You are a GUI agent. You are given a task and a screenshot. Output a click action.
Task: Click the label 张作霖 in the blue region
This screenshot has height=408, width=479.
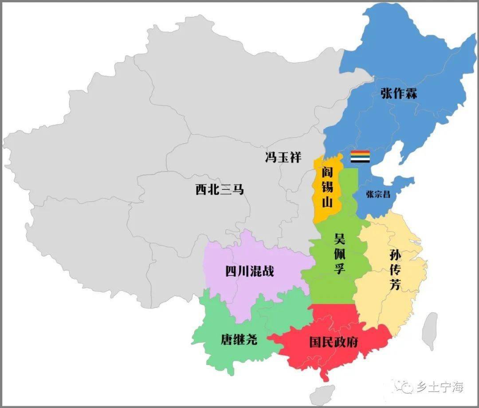(x=398, y=94)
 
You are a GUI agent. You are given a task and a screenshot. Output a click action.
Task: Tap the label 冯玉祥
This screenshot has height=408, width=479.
(x=283, y=157)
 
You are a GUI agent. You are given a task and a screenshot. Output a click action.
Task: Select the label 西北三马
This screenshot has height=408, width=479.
(x=220, y=189)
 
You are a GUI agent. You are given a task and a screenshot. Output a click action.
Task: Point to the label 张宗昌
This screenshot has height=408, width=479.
(x=378, y=194)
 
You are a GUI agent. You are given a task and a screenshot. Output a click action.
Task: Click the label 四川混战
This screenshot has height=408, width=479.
(x=250, y=271)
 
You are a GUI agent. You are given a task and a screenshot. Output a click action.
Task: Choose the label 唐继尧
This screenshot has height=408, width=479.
(x=239, y=340)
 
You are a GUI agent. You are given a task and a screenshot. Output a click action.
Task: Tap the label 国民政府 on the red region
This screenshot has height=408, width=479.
(x=334, y=342)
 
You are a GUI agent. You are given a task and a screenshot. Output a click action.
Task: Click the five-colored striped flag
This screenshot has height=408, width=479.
(x=360, y=157)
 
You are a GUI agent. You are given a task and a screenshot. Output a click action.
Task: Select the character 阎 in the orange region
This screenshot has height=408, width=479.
(x=327, y=172)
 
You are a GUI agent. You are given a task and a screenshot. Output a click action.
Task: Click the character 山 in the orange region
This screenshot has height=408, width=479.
(x=327, y=203)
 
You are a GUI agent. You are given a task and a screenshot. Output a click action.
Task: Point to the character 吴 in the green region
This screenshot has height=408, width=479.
(x=340, y=238)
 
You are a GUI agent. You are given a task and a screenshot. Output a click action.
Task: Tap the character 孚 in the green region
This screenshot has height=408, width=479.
(x=340, y=268)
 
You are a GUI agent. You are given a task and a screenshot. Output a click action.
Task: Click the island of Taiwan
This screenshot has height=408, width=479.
(x=429, y=331)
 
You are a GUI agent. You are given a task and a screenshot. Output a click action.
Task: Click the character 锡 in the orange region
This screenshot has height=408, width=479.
(x=327, y=187)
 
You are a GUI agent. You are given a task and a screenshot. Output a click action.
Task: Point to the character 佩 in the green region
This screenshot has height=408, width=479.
(x=340, y=253)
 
